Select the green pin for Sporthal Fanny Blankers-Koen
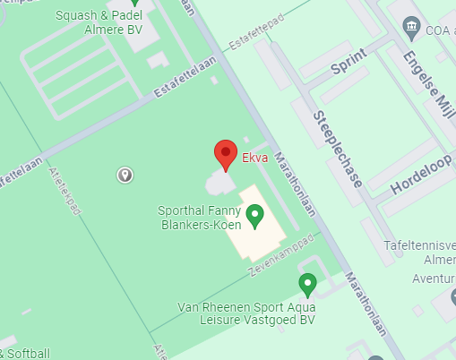[255, 215]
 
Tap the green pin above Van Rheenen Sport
[308, 285]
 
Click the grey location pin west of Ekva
[125, 175]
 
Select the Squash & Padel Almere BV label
[98, 22]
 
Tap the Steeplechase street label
[338, 149]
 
